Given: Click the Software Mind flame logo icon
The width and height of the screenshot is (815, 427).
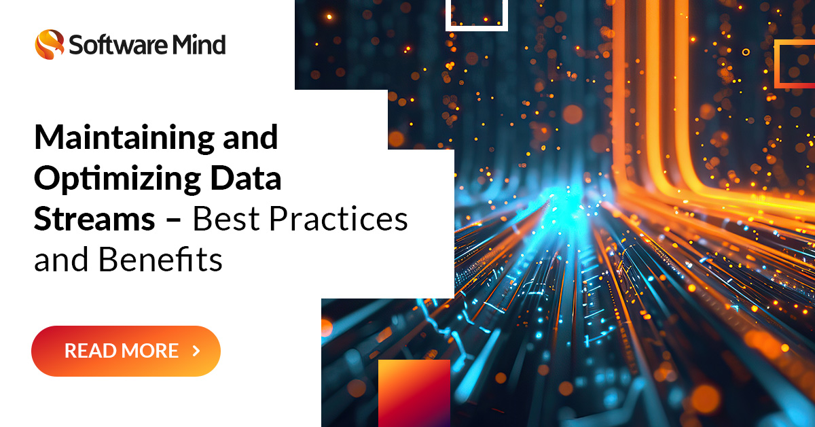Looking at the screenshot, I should point(49,44).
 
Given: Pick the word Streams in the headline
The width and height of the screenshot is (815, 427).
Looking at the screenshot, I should point(94,220).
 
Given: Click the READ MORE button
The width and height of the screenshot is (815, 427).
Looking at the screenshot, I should point(126,351).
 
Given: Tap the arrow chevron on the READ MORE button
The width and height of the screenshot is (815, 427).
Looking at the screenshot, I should point(196,351).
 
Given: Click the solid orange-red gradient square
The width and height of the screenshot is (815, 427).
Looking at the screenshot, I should point(414,393).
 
